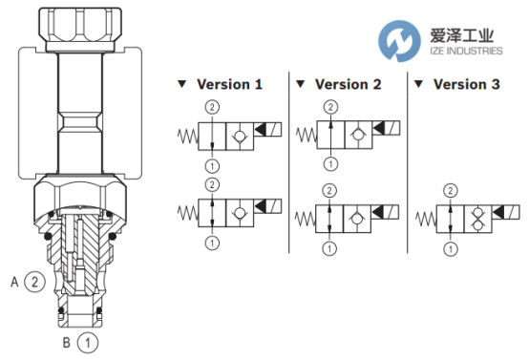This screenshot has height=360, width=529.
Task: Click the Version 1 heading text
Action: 229,84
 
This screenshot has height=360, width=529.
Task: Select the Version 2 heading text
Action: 349,84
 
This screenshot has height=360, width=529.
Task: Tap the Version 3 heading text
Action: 467,84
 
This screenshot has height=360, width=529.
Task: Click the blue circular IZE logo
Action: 399,41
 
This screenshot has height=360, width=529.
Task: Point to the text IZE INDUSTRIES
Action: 466,51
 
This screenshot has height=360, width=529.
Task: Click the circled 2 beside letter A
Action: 34,282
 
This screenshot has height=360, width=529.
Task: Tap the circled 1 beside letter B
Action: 88,343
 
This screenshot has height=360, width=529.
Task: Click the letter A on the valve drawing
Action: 14,282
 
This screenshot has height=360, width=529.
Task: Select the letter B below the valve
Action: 67,343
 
